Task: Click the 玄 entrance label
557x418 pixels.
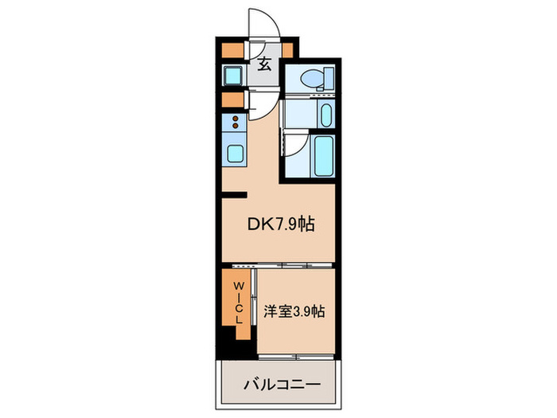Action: pos(264,65)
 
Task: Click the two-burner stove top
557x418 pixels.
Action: pos(236,123)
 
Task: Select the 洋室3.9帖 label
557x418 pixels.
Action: pos(294,311)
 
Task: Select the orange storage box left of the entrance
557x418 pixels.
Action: pos(232,49)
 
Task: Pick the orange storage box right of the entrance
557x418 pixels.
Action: pos(287,49)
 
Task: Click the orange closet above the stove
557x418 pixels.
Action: pos(232,100)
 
